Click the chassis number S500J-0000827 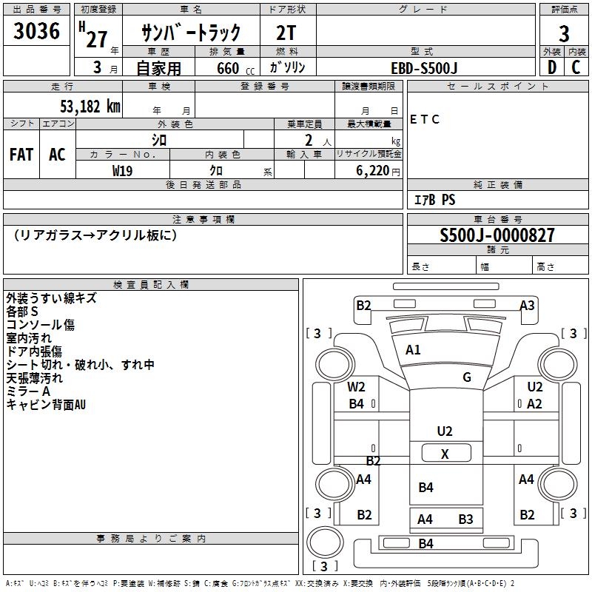[x=497, y=235]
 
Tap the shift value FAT [x=21, y=155]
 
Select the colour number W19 [x=122, y=170]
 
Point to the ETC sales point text [x=425, y=120]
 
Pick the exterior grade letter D [x=551, y=68]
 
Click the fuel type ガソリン [x=288, y=68]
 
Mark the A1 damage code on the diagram [x=413, y=350]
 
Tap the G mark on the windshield [x=467, y=377]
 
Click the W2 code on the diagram [x=357, y=386]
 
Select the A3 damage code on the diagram [x=527, y=305]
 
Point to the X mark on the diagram [x=445, y=454]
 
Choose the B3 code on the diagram [x=465, y=519]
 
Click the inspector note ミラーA [x=28, y=391]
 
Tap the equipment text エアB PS [x=434, y=200]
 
